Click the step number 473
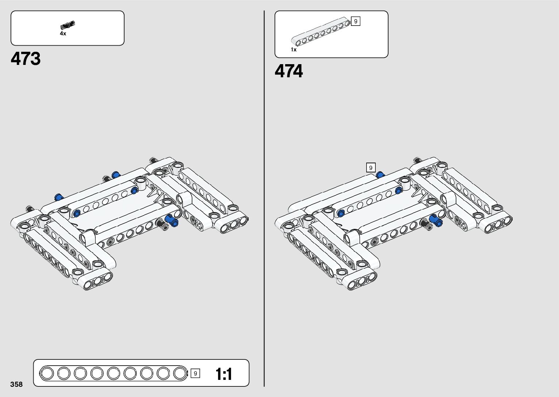[x=26, y=59]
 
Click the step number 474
[x=288, y=71]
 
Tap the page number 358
[x=16, y=384]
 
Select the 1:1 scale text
[x=223, y=374]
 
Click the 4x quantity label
[x=63, y=34]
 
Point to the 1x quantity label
[x=294, y=50]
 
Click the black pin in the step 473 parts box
[x=67, y=25]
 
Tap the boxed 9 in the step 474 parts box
[x=355, y=21]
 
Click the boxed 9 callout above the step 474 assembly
[x=371, y=168]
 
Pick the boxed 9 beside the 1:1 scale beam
[x=195, y=373]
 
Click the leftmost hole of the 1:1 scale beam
[x=47, y=373]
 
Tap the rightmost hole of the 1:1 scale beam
[x=180, y=373]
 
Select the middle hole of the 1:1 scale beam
[x=113, y=373]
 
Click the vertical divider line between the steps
[x=264, y=199]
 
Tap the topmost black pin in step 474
[x=417, y=160]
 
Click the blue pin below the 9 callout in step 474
[x=380, y=175]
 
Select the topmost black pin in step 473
[x=153, y=160]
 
